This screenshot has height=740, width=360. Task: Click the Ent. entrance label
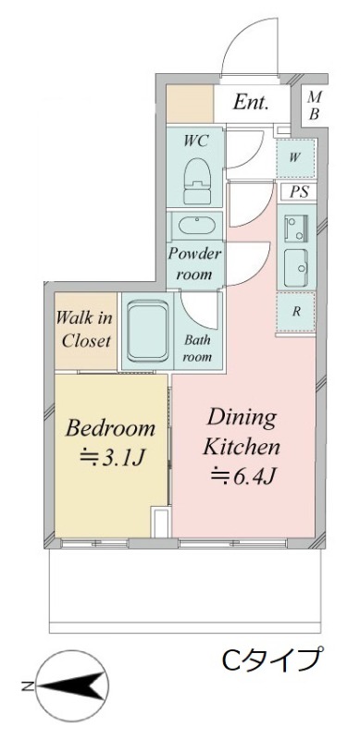[x=252, y=103]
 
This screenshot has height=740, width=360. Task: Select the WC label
[x=196, y=141]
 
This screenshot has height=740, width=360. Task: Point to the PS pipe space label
[x=298, y=192]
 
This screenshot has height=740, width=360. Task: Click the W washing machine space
[x=295, y=156]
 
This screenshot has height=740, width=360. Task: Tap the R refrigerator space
[x=296, y=311]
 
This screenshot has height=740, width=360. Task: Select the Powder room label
[x=193, y=265]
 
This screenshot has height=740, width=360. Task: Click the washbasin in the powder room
[x=193, y=228]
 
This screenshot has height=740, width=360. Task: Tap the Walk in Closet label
[x=85, y=328]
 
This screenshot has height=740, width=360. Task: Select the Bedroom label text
[x=109, y=428]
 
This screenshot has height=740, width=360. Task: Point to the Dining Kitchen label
[x=242, y=432]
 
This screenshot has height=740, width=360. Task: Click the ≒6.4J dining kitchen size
[x=242, y=477]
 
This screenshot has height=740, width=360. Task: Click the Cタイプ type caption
[x=272, y=660]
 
